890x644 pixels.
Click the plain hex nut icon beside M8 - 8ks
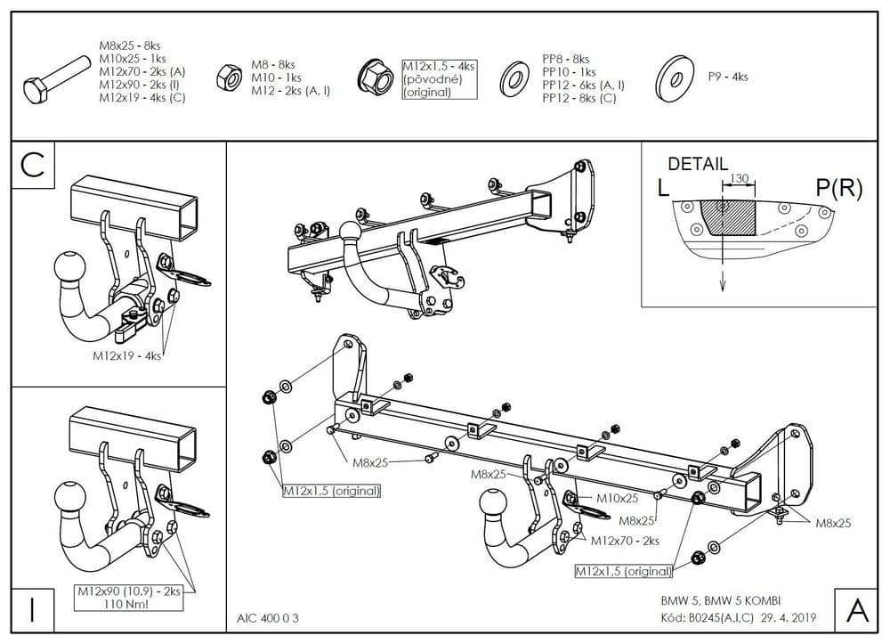[x=228, y=77]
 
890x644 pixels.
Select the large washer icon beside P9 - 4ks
[x=674, y=78]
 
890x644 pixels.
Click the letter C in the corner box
[x=33, y=165]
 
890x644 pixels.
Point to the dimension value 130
[x=739, y=179]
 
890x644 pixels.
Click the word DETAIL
[x=698, y=164]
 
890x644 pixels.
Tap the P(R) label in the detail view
[x=837, y=188]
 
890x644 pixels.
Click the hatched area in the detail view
[x=728, y=217]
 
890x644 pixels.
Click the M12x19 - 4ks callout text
[x=127, y=355]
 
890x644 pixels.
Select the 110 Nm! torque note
[x=126, y=603]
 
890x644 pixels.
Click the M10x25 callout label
[x=617, y=498]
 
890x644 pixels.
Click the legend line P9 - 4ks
[x=728, y=77]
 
